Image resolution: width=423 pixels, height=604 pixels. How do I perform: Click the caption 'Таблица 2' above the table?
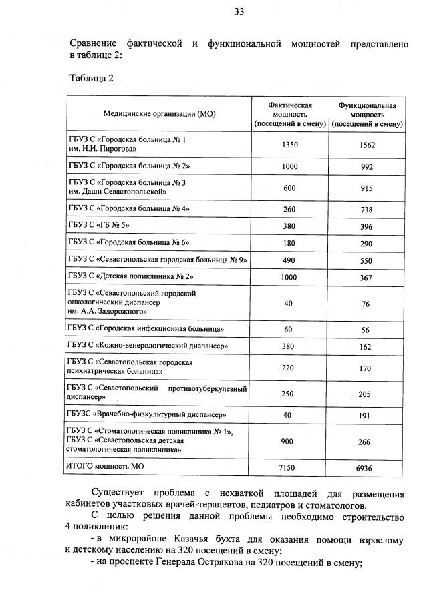click(92, 78)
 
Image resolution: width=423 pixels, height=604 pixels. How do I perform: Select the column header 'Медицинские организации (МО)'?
click(159, 114)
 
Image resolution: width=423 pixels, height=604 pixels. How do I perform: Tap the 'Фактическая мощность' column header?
click(290, 114)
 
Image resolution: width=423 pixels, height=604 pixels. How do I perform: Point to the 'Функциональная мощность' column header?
click(367, 114)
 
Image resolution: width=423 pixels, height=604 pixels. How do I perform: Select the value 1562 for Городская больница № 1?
click(367, 145)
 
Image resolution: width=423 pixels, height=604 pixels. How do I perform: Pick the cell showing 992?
click(367, 166)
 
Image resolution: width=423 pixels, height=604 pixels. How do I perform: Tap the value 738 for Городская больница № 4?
click(367, 209)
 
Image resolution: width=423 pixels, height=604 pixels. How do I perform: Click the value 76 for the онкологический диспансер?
click(367, 304)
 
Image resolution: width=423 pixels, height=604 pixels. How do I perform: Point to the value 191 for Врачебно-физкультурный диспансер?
click(367, 414)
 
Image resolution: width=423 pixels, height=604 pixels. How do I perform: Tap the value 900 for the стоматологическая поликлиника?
click(290, 441)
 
